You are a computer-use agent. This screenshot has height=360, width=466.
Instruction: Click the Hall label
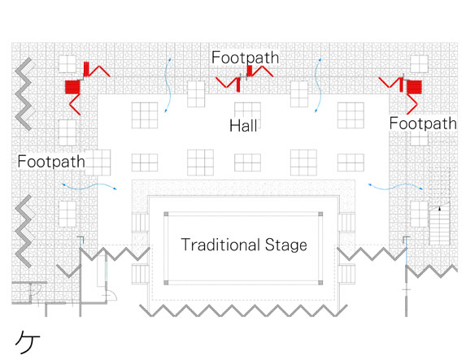243,125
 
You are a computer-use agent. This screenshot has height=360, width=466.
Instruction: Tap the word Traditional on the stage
220,245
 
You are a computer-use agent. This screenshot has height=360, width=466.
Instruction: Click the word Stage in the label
286,245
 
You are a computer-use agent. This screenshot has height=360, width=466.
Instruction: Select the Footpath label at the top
245,58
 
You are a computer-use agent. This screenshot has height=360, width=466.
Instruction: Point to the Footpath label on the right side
423,124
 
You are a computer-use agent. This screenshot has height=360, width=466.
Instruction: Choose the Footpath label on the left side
51,162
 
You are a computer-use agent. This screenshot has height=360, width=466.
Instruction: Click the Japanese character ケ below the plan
28,342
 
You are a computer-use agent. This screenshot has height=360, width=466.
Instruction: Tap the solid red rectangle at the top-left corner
73,87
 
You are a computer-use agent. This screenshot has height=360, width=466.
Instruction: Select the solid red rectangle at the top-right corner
414,87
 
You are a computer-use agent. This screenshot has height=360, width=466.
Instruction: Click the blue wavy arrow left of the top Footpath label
169,85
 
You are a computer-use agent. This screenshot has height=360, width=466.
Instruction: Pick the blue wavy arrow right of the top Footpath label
319,85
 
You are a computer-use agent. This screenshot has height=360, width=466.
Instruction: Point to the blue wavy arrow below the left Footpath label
89,187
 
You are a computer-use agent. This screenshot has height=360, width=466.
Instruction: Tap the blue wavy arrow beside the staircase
395,187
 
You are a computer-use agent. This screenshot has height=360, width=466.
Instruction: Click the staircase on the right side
439,223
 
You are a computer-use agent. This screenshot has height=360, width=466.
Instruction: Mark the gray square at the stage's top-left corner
166,215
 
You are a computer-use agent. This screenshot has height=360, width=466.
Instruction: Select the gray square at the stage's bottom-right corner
320,283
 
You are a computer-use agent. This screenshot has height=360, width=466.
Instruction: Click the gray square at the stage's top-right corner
320,215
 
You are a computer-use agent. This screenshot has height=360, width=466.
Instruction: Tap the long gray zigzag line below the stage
243,310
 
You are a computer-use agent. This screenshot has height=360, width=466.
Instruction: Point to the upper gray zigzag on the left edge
24,94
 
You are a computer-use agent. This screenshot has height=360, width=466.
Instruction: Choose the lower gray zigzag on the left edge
24,231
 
